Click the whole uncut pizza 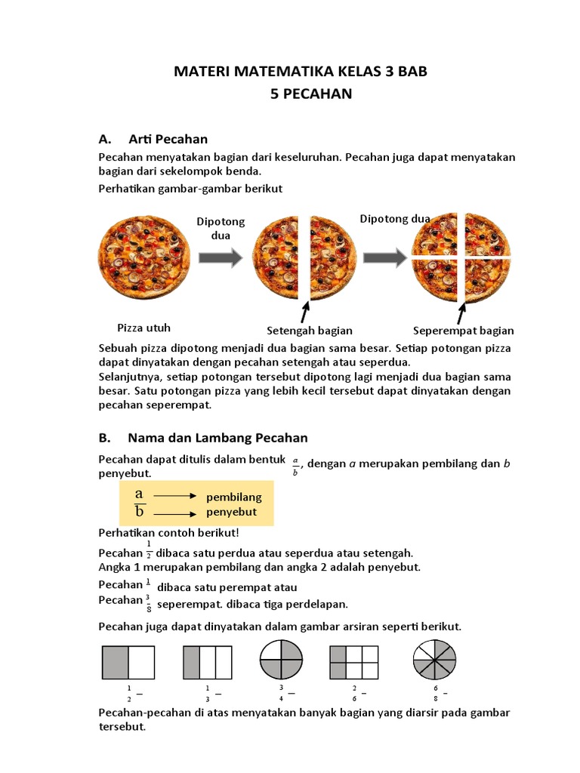(x=143, y=257)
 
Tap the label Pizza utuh (x=143, y=328)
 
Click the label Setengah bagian (x=310, y=331)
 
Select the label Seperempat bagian (x=464, y=331)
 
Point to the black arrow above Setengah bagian (x=305, y=311)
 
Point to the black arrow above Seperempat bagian (x=461, y=310)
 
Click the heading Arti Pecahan (x=168, y=139)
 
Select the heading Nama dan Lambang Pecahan (x=217, y=438)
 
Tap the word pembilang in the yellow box (x=234, y=497)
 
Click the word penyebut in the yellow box (x=232, y=512)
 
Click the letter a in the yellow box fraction (x=139, y=494)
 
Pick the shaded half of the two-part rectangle (x=116, y=662)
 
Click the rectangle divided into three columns (x=207, y=662)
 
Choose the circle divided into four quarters (x=281, y=661)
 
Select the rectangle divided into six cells (x=353, y=662)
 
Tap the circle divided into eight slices (x=436, y=661)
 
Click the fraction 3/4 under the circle (x=282, y=693)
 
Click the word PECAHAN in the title (x=316, y=94)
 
